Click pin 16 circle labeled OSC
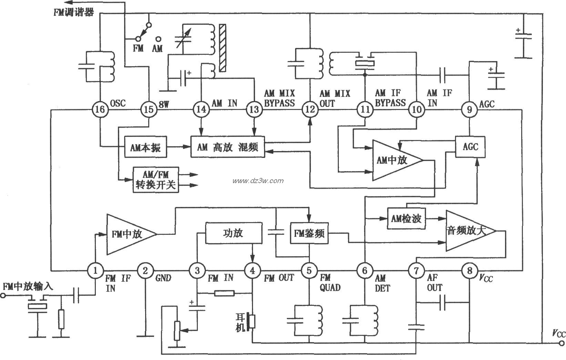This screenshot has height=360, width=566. [100, 110]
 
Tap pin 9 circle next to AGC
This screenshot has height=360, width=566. [469, 110]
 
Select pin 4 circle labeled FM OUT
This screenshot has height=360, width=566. [253, 271]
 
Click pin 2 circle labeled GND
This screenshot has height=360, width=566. [145, 271]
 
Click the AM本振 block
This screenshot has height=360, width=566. [145, 148]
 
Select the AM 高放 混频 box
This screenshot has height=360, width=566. [228, 148]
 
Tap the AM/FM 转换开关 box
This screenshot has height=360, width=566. [156, 180]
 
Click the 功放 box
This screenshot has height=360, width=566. [233, 233]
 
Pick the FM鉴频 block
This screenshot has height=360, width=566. [309, 233]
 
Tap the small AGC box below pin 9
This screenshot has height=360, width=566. [471, 147]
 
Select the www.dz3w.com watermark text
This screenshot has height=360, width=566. [258, 181]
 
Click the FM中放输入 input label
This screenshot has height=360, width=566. [28, 287]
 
